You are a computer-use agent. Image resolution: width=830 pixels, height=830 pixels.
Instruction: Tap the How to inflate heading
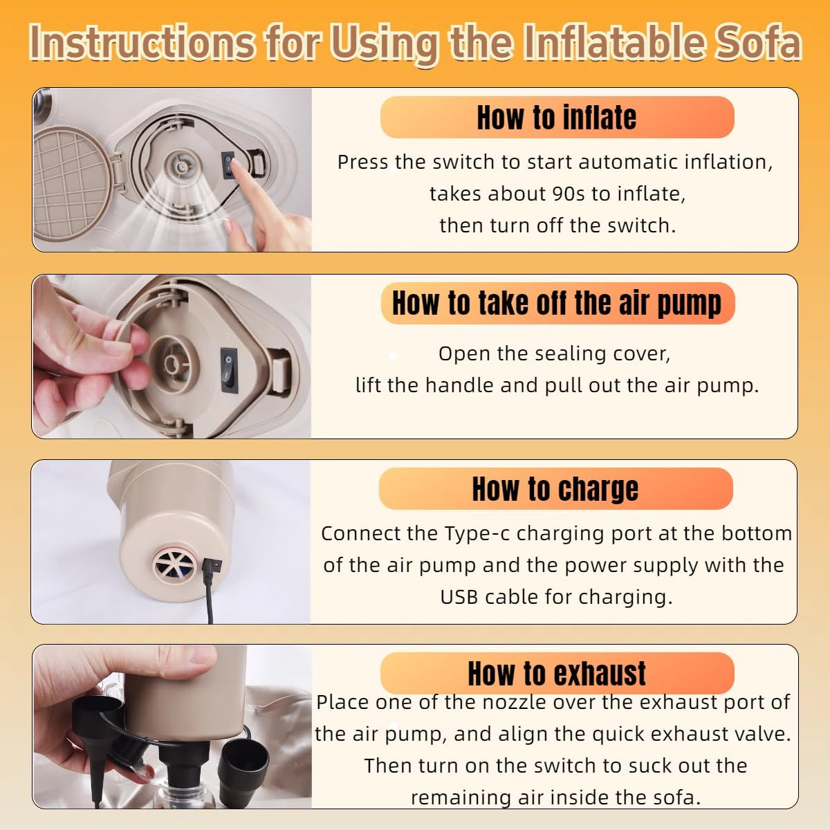click(x=557, y=117)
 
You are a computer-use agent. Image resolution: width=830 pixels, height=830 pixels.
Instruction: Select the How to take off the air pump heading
click(x=557, y=304)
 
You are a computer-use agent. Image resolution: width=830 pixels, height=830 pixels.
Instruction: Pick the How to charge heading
click(x=555, y=489)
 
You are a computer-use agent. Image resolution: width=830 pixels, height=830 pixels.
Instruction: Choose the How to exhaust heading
click(x=557, y=673)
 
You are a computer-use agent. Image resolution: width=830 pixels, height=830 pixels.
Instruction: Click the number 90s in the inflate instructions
click(x=568, y=194)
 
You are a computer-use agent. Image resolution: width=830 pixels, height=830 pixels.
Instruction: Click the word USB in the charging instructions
click(x=459, y=597)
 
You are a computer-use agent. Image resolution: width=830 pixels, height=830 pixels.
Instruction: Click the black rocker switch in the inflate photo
click(x=228, y=165)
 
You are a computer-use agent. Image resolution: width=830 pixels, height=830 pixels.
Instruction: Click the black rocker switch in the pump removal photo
click(x=229, y=370)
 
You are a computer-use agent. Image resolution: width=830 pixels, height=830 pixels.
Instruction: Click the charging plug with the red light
click(x=213, y=565)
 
